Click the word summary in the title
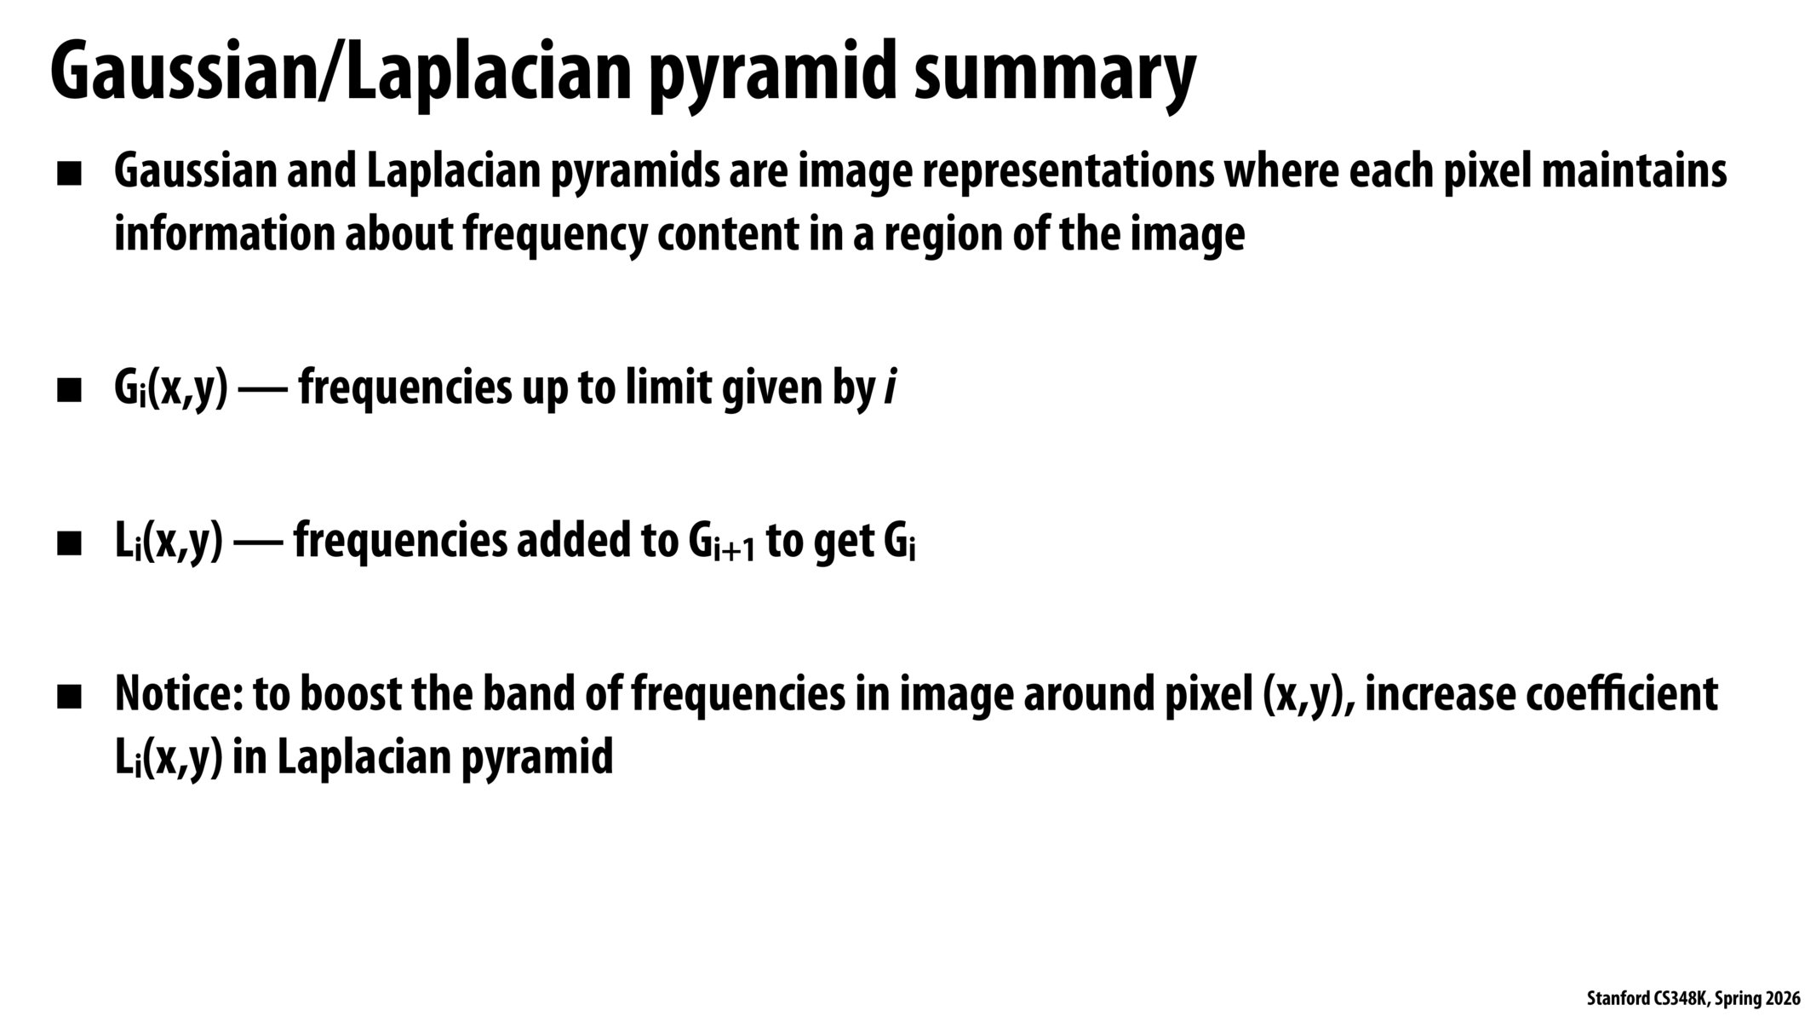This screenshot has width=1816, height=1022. [x=1055, y=73]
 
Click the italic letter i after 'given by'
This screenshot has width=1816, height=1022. [x=890, y=388]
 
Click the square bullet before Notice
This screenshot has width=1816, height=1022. [x=69, y=698]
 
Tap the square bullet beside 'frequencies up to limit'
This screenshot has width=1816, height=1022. [x=69, y=392]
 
